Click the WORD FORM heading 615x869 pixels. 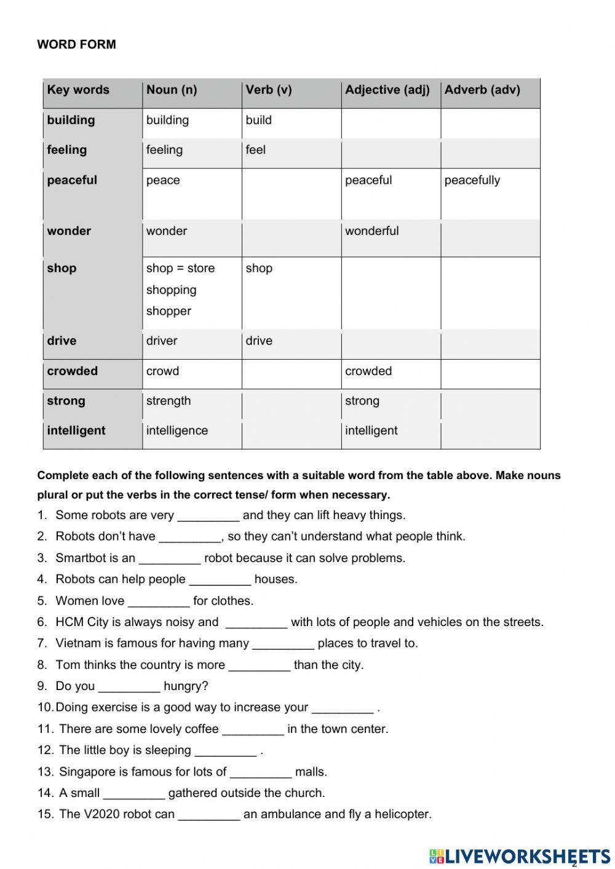pos(76,45)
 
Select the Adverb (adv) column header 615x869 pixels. pos(482,90)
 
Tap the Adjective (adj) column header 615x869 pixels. pos(387,90)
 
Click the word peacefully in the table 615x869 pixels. pos(472,180)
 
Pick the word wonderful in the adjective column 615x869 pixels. pos(371,231)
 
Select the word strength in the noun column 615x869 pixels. pos(169,401)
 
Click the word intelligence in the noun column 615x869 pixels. pos(177,431)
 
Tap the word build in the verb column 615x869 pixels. pos(258,120)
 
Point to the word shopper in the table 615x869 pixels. pos(169,311)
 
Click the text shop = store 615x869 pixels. pos(180,268)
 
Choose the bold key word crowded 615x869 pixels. pos(72,371)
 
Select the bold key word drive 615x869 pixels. pos(61,341)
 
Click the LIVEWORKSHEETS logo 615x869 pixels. pos(520,856)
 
